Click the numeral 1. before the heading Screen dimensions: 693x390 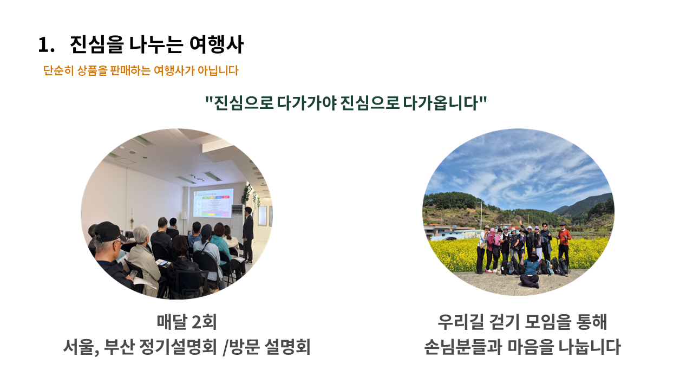pyautogui.click(x=47, y=45)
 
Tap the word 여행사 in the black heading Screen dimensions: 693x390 pyautogui.click(x=216, y=44)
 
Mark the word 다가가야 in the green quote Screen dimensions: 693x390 pyautogui.click(x=306, y=103)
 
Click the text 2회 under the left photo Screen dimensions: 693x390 pyautogui.click(x=204, y=322)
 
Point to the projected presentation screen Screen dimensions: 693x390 pyautogui.click(x=213, y=203)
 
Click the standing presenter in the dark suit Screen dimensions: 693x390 pyautogui.click(x=248, y=235)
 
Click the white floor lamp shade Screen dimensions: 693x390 pyautogui.click(x=184, y=215)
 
